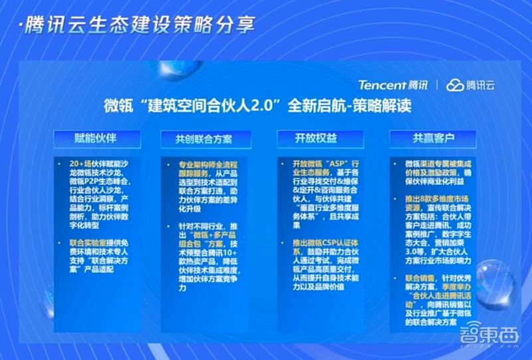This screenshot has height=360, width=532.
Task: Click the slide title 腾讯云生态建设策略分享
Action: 137,27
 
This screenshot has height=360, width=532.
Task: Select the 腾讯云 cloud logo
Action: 470,85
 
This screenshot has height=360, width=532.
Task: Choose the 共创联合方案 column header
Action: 203,139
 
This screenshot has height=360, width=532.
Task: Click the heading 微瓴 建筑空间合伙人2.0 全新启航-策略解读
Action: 266,106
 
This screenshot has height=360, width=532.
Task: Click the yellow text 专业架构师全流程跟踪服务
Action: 202,168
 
